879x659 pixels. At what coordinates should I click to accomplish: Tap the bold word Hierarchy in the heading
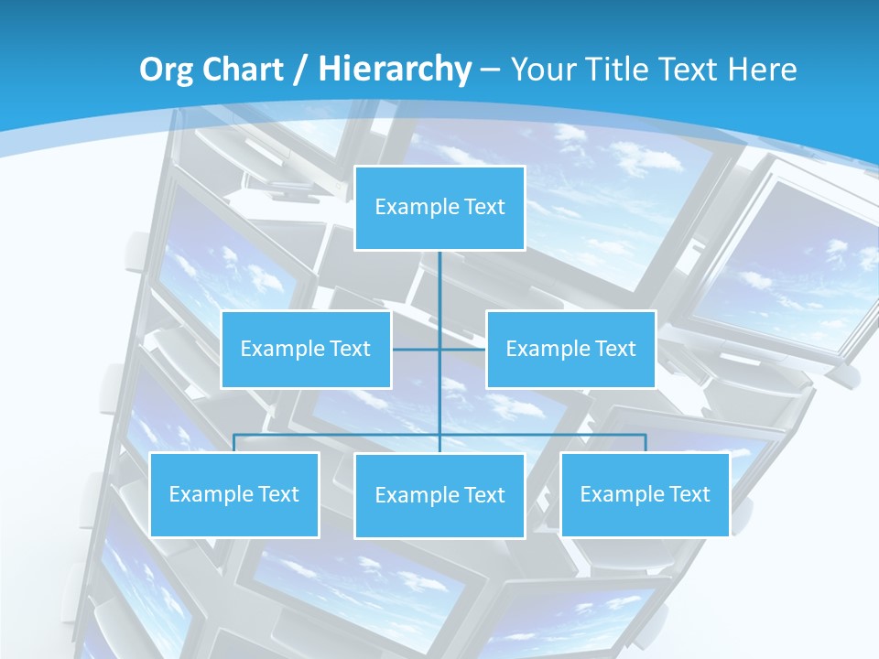(x=394, y=70)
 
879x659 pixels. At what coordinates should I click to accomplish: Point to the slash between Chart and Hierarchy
(x=300, y=70)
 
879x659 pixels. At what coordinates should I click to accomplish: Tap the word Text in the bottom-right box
(x=689, y=494)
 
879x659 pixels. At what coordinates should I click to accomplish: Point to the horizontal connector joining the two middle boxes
(x=462, y=349)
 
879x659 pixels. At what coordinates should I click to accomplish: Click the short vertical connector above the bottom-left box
(x=233, y=443)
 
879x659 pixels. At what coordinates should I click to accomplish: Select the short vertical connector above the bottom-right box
(x=645, y=443)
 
